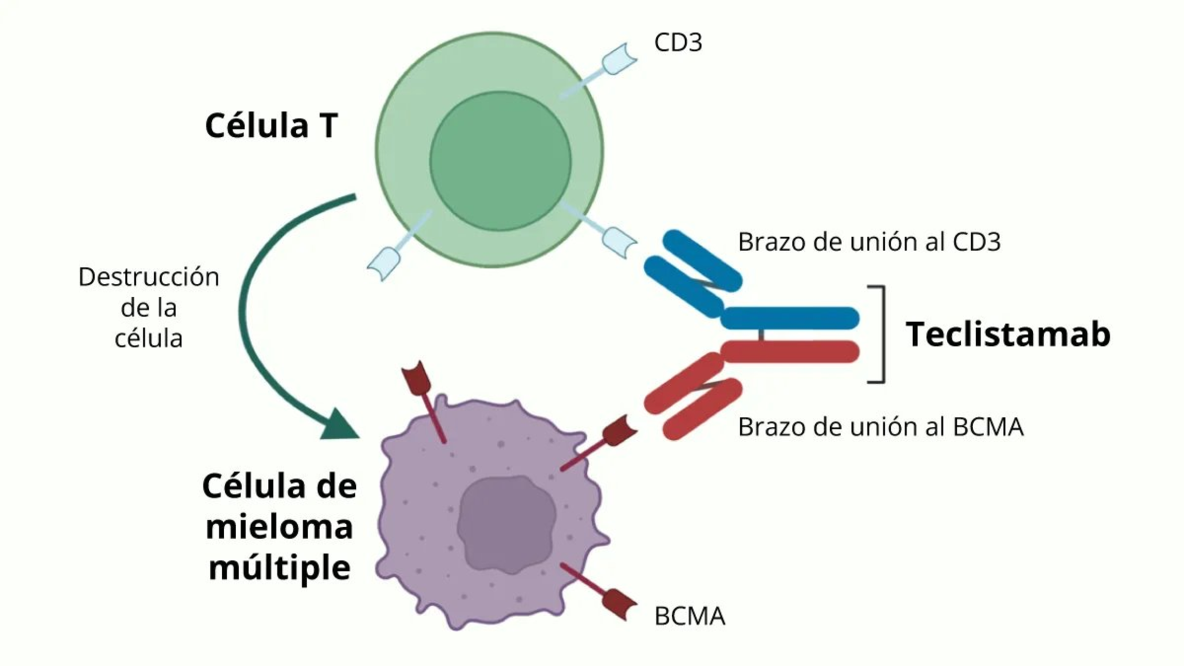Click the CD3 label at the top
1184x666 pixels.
[x=678, y=42]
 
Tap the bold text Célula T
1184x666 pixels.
[x=271, y=126]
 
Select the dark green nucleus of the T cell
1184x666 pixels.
[x=500, y=161]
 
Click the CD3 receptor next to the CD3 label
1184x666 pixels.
[x=619, y=59]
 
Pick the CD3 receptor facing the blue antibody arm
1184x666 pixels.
[x=618, y=241]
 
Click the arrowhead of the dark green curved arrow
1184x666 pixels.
[x=339, y=425]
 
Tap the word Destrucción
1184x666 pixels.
[x=149, y=277]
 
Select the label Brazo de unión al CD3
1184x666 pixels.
[x=869, y=242]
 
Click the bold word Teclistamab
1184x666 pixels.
[x=1008, y=334]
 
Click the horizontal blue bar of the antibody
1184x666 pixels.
[x=790, y=318]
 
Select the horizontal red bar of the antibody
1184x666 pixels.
[x=790, y=352]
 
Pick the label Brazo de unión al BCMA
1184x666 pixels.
[x=880, y=427]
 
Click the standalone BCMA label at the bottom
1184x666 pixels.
[x=689, y=616]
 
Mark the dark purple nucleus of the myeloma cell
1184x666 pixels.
[x=506, y=525]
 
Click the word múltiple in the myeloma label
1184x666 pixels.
[x=280, y=568]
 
